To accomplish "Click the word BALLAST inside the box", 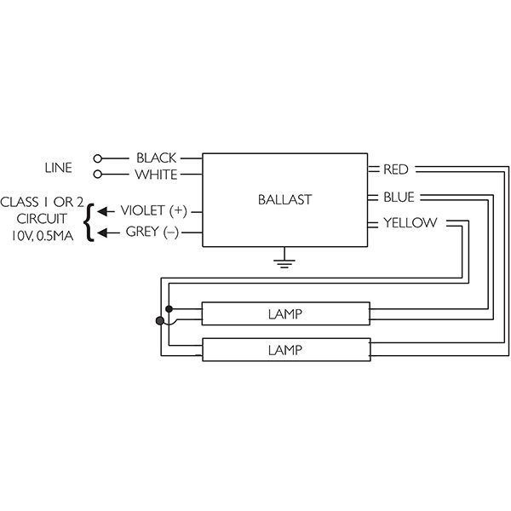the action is tap(284, 200).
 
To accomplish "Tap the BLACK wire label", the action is tap(156, 158).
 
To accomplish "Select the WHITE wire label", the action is tap(156, 175).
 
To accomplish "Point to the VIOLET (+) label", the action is tap(154, 211).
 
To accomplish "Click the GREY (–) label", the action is tap(152, 232).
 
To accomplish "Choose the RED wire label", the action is tap(396, 169).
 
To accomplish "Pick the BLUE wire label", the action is tap(399, 198).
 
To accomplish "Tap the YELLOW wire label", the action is tap(410, 223).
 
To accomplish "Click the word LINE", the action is tap(58, 168).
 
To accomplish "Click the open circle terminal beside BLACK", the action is tap(97, 158).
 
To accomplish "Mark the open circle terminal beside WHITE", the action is tap(97, 175).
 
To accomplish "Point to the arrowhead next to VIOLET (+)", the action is tap(102, 211).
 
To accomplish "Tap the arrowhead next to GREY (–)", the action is tap(102, 233).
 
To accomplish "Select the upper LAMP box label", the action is tap(285, 314).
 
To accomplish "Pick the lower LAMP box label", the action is tap(285, 350).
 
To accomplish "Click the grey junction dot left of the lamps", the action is tap(160, 321).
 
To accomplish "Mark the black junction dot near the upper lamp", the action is tap(169, 308).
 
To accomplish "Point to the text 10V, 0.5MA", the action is tap(43, 236).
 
